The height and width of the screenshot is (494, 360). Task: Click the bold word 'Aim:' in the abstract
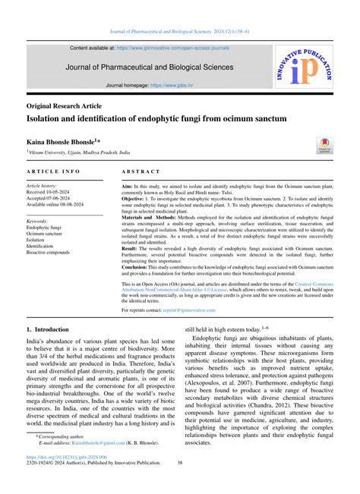pyautogui.click(x=128, y=186)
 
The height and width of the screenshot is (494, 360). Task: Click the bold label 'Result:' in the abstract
pyautogui.click(x=131, y=247)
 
